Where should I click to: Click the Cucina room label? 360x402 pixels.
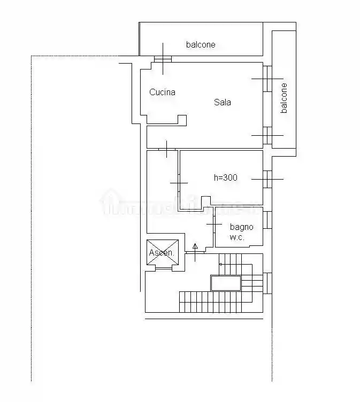tap(162, 92)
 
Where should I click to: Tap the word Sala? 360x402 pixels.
tap(223, 102)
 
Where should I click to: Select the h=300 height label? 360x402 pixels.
tap(225, 177)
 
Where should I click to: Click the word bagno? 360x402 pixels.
tap(242, 227)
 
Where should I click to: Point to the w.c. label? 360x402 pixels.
tap(237, 237)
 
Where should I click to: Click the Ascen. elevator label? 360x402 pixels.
tap(162, 252)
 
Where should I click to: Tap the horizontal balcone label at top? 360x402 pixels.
tap(201, 44)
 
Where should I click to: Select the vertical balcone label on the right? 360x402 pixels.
tap(284, 98)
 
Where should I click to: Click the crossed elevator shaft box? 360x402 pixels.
tap(162, 252)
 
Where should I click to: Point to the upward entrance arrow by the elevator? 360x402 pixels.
tap(195, 246)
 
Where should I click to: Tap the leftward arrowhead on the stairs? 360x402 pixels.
tap(220, 264)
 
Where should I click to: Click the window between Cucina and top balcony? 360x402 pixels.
tap(163, 59)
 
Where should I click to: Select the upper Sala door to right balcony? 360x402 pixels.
tap(267, 78)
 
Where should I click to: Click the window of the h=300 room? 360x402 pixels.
tap(267, 179)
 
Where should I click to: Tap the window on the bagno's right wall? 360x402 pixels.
tap(267, 220)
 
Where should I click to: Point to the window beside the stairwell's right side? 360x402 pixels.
tap(267, 282)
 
